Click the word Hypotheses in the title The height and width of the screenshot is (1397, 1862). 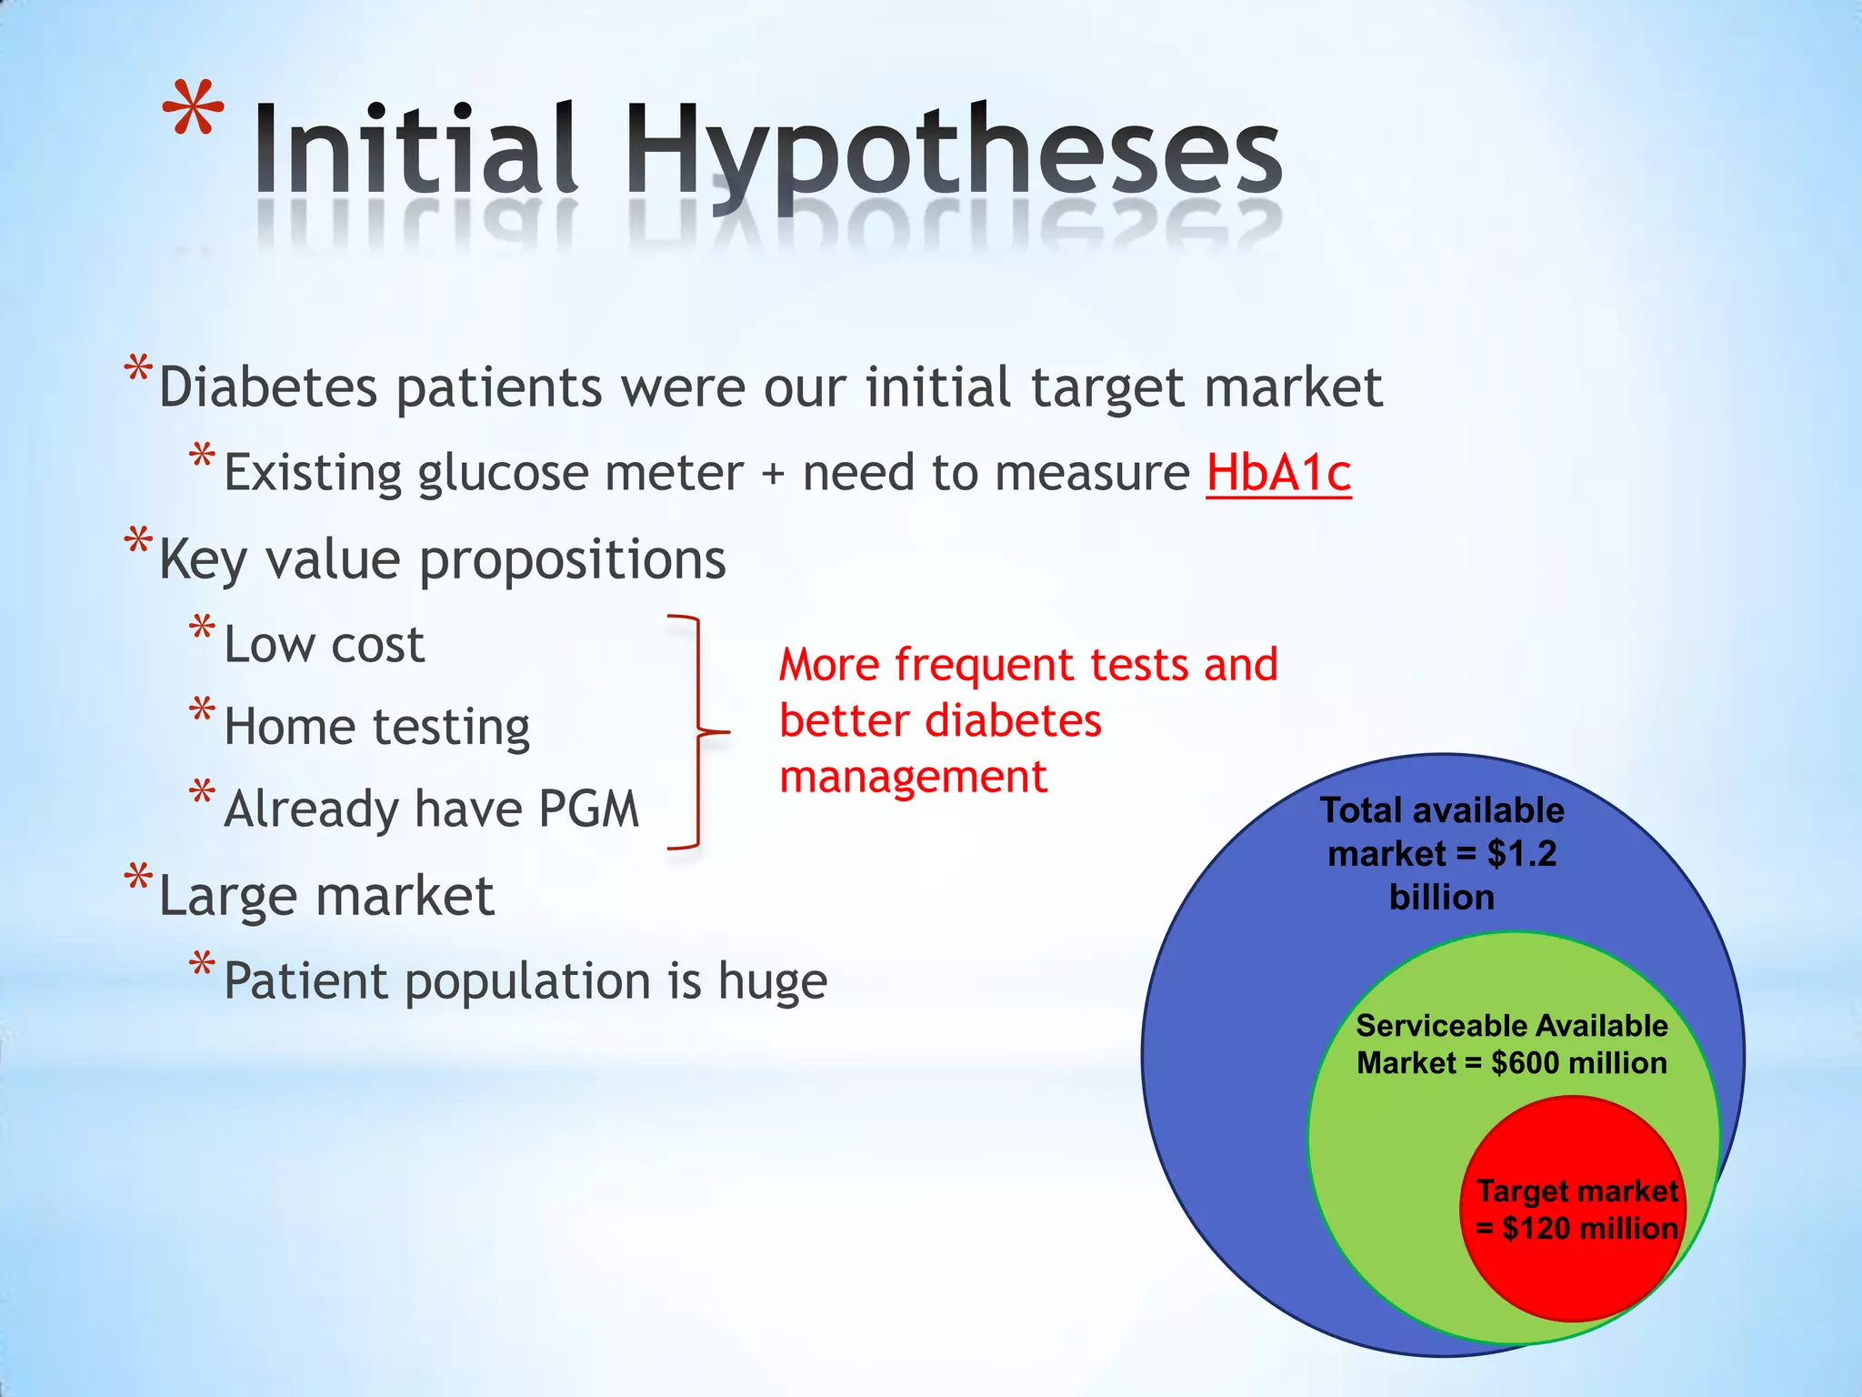[953, 150]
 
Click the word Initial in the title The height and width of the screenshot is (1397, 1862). [415, 150]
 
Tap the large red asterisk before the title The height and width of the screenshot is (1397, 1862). [193, 111]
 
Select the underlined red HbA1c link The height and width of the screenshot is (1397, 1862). [1278, 473]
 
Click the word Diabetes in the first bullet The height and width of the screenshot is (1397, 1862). [267, 387]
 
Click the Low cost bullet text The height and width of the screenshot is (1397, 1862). [324, 645]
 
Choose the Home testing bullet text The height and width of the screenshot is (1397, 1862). [376, 727]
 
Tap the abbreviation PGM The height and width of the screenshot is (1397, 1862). [588, 809]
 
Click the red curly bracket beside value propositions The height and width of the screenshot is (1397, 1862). [698, 731]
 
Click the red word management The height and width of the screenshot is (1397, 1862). [913, 778]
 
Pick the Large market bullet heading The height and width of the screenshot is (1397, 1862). [325, 896]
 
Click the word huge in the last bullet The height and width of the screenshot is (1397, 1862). [772, 981]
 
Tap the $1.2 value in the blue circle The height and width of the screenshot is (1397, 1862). [1521, 854]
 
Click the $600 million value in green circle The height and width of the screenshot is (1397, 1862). [1578, 1062]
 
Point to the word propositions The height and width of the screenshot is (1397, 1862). [572, 560]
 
